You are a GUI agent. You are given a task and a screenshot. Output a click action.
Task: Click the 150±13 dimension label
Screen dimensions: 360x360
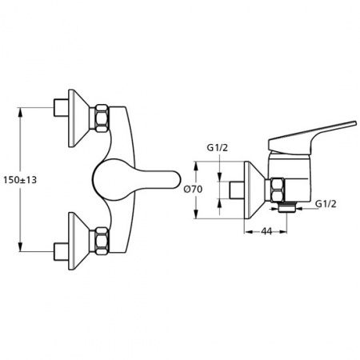click(x=20, y=180)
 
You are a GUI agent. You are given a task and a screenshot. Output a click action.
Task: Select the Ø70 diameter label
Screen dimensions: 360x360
click(x=194, y=190)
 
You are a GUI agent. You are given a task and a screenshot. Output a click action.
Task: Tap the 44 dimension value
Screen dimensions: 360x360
click(x=266, y=231)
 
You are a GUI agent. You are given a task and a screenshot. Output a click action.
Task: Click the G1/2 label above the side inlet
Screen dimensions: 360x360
click(x=218, y=148)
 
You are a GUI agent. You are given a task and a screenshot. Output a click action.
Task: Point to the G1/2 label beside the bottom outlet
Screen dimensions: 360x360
click(x=326, y=204)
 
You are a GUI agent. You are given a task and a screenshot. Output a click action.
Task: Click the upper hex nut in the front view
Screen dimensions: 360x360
click(x=102, y=118)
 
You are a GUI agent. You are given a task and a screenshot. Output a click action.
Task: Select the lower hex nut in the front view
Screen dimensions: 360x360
click(x=102, y=241)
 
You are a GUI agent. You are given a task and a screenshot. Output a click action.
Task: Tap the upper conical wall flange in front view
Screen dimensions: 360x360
click(x=79, y=118)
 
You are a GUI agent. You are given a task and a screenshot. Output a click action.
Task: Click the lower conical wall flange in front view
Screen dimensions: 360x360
click(x=79, y=241)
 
